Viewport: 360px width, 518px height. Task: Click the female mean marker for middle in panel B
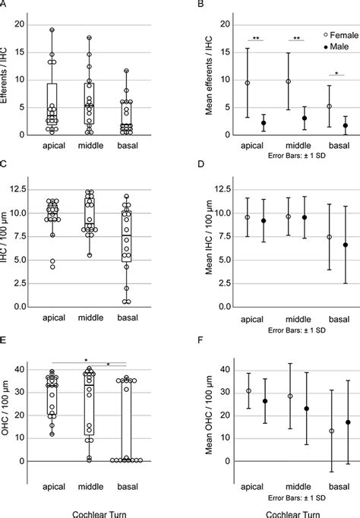pos(289,81)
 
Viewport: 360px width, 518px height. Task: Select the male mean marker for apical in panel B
pos(262,123)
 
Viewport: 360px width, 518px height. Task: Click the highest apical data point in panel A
pos(52,30)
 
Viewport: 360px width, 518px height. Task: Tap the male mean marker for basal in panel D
pos(346,245)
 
